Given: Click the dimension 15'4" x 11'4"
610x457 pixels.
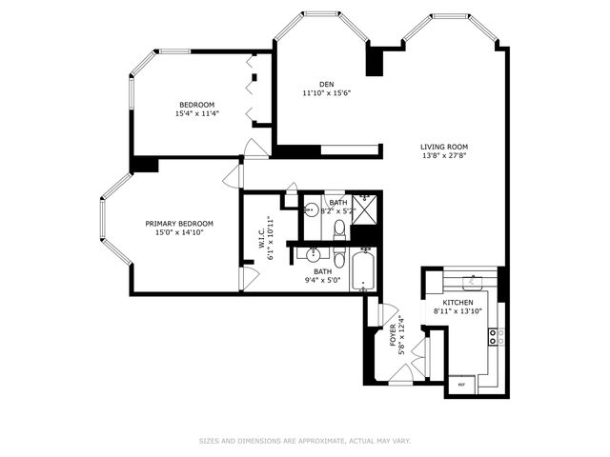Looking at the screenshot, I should point(197,113).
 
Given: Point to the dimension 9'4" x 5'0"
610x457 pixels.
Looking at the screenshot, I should point(323,280).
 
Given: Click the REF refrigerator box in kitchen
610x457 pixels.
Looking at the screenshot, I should point(462,384).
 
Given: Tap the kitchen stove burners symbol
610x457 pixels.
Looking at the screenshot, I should point(495,334).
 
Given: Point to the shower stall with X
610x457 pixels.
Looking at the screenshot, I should point(364,208).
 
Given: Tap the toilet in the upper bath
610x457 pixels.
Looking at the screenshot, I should point(339,228).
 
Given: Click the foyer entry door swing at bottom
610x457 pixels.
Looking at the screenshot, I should point(401,377).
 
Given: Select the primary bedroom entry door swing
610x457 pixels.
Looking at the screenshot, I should point(232,176).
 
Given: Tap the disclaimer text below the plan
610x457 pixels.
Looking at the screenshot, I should point(304,441).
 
